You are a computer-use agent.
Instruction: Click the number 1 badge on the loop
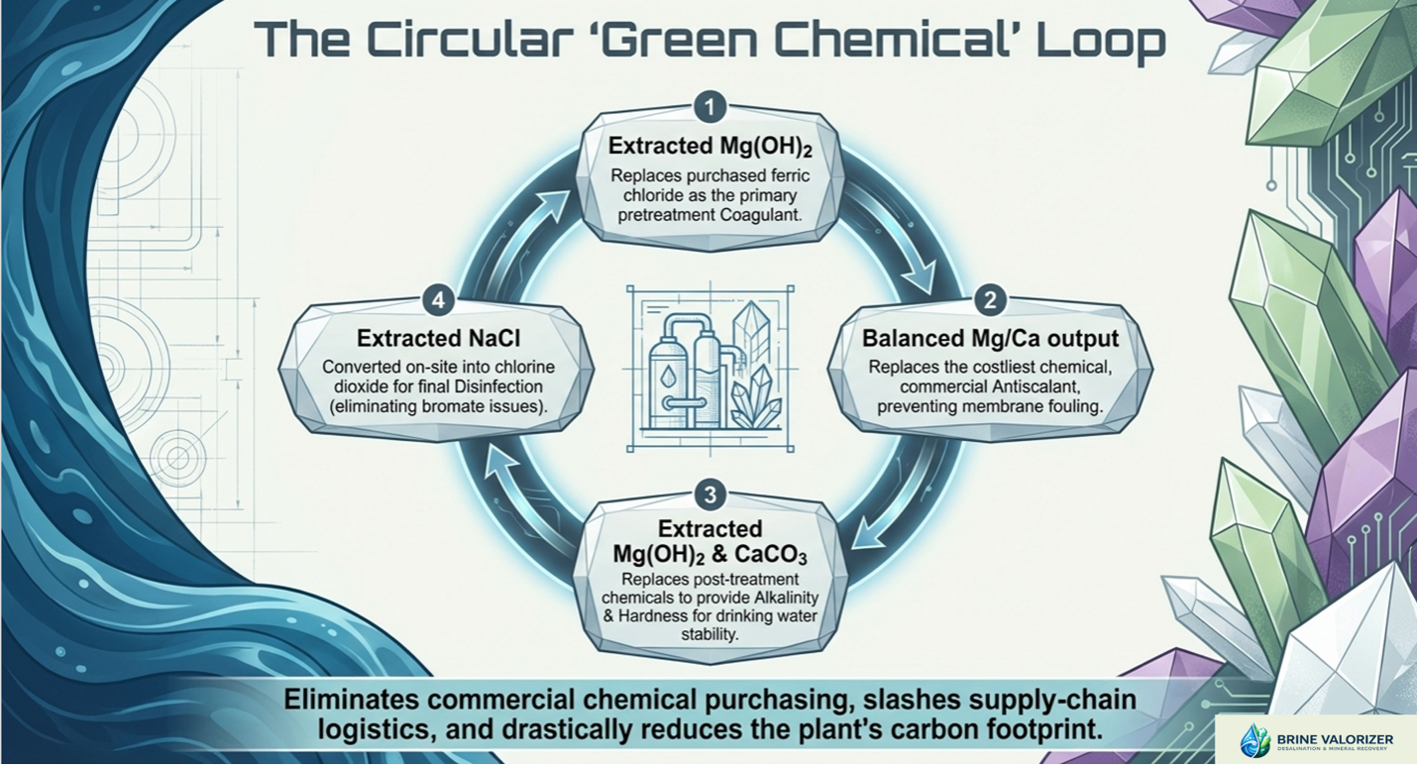tap(709, 108)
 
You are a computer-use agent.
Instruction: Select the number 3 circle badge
tap(709, 494)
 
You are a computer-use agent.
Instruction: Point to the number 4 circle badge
tap(438, 300)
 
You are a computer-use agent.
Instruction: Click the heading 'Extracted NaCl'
tap(438, 338)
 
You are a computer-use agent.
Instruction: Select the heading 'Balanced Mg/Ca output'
tap(991, 338)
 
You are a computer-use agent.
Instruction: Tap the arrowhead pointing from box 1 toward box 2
tap(918, 277)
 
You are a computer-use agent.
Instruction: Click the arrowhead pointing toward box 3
tap(869, 532)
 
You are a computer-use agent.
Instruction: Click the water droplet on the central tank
tap(667, 378)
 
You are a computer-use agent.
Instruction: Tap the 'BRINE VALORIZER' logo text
tap(1335, 739)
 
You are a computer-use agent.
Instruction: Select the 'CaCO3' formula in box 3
tap(770, 555)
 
